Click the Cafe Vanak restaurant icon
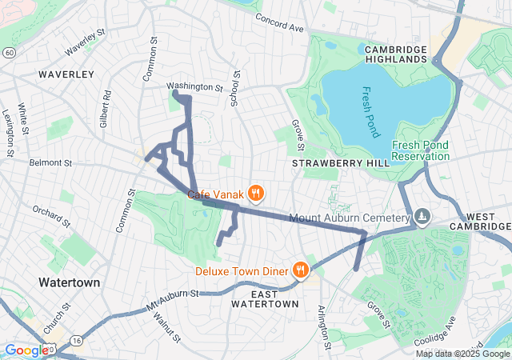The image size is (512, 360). click(256, 193)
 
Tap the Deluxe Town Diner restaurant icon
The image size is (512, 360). click(301, 270)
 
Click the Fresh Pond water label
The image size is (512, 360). click(373, 112)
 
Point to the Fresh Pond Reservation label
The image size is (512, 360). click(420, 150)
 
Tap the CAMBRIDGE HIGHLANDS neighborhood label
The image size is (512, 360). click(396, 54)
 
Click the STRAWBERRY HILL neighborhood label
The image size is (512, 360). click(340, 163)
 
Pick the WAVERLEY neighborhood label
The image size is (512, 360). click(66, 74)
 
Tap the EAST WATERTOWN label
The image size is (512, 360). click(265, 299)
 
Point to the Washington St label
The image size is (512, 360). click(194, 86)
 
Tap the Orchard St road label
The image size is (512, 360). click(52, 214)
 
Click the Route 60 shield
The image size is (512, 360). click(7, 52)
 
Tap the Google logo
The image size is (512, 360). click(26, 350)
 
